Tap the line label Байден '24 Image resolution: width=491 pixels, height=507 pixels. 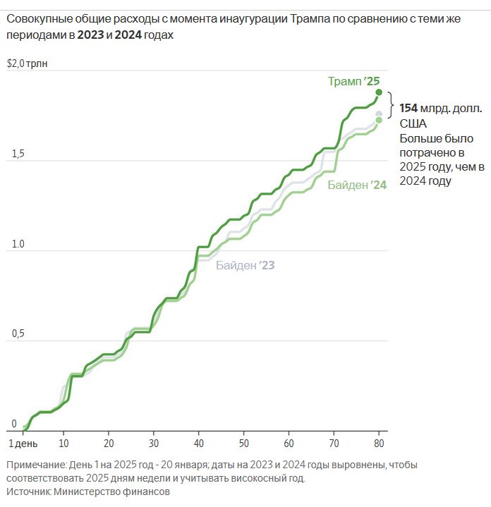tap(356, 185)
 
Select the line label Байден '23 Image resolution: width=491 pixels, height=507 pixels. tap(245, 266)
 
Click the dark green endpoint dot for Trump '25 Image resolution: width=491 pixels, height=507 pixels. tap(379, 92)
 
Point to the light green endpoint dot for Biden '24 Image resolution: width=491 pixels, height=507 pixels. tap(379, 120)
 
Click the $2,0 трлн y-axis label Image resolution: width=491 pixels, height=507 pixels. tap(26, 63)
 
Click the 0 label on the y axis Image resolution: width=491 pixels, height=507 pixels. tap(13, 424)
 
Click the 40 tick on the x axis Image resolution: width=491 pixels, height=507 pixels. tap(198, 444)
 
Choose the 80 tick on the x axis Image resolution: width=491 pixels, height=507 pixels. tap(379, 444)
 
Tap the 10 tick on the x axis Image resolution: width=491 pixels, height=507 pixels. tap(63, 444)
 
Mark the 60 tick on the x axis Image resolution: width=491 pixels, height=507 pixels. tap(289, 444)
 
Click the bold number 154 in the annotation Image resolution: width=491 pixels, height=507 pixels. tap(408, 109)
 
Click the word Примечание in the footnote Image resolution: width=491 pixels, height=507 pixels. tap(35, 465)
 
